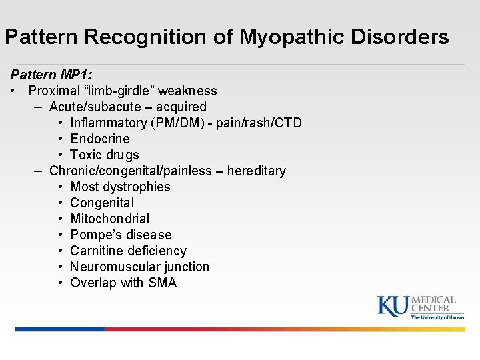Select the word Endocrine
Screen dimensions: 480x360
click(100, 139)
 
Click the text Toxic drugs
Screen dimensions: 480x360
click(105, 155)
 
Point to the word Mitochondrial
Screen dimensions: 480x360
click(110, 219)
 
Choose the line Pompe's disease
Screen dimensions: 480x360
click(121, 235)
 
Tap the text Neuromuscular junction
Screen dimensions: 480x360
click(139, 267)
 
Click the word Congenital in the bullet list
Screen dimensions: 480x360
click(102, 203)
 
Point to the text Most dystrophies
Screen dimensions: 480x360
click(120, 187)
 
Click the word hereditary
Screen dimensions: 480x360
click(257, 171)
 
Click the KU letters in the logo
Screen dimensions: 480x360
click(393, 305)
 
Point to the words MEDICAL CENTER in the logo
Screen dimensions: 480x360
click(433, 304)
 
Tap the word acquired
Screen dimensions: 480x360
click(181, 107)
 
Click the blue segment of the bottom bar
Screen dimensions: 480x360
click(60, 329)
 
